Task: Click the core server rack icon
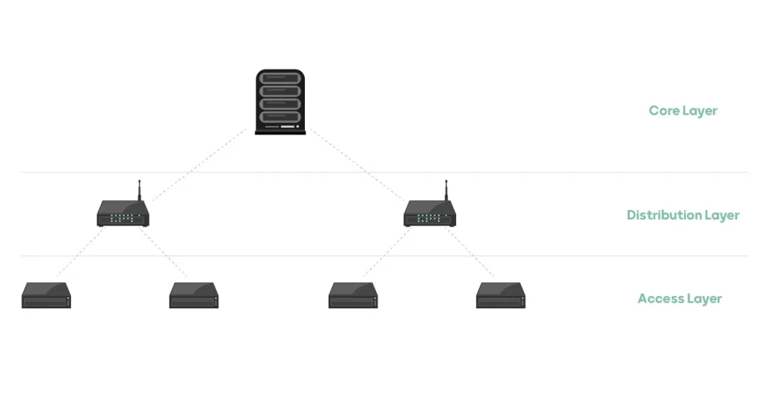[280, 101]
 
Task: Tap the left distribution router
[124, 216]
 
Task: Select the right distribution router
[430, 216]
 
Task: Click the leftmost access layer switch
[46, 295]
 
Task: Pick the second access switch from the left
[194, 295]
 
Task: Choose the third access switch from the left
[353, 295]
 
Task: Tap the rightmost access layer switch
[500, 295]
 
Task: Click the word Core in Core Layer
[664, 111]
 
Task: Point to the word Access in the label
[660, 299]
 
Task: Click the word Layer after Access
[703, 299]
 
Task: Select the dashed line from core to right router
[358, 164]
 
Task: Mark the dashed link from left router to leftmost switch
[80, 252]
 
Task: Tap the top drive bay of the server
[280, 79]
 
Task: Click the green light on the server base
[298, 127]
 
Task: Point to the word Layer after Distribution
[721, 216]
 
